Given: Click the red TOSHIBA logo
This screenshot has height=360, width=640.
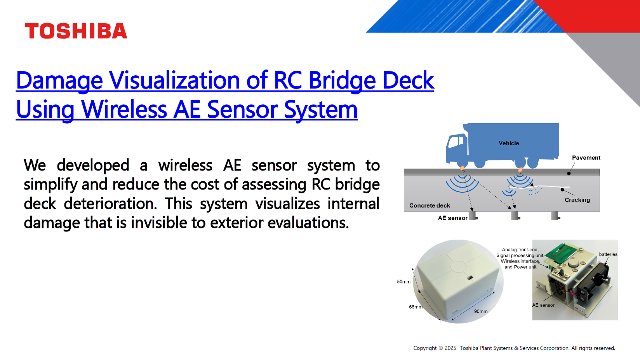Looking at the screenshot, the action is [x=76, y=31].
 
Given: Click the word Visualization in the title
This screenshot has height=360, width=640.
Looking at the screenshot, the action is [x=174, y=80].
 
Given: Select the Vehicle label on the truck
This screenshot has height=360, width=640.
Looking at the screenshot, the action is [x=509, y=143].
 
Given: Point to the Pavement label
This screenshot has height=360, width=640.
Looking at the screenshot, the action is [x=586, y=158].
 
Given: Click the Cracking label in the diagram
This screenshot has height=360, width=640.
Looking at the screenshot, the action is [x=577, y=200].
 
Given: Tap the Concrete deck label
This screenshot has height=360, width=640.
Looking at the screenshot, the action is [x=430, y=205].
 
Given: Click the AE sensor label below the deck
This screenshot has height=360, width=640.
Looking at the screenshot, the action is [x=452, y=218].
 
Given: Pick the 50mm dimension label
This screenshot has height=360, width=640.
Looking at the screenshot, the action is [x=403, y=282].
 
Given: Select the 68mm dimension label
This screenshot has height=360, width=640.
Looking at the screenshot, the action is [x=416, y=307].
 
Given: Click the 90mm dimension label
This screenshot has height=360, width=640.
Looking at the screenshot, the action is [x=481, y=311].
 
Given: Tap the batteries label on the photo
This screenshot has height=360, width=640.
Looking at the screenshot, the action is [x=608, y=254].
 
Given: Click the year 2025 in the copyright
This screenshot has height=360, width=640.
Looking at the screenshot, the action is [x=450, y=348].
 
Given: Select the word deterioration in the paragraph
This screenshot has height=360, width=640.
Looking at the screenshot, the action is [x=110, y=204].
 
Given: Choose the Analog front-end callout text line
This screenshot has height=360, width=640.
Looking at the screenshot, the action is [x=520, y=250].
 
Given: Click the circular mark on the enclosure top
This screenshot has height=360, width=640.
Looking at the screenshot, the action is [x=459, y=266].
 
